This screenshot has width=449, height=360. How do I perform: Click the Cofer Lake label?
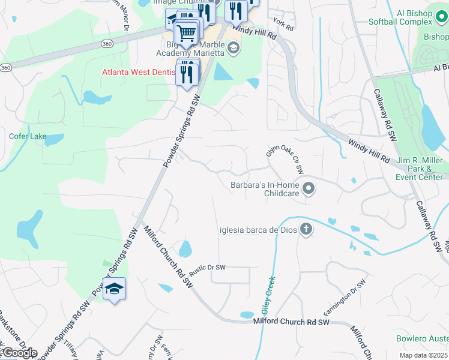[28, 136]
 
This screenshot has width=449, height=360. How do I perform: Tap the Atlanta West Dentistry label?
[139, 72]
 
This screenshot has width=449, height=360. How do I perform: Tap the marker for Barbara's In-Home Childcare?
[309, 190]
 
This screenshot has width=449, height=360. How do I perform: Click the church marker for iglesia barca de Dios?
[306, 229]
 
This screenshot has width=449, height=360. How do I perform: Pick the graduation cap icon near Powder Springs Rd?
[114, 289]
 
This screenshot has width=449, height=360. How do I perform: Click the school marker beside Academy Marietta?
[233, 49]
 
